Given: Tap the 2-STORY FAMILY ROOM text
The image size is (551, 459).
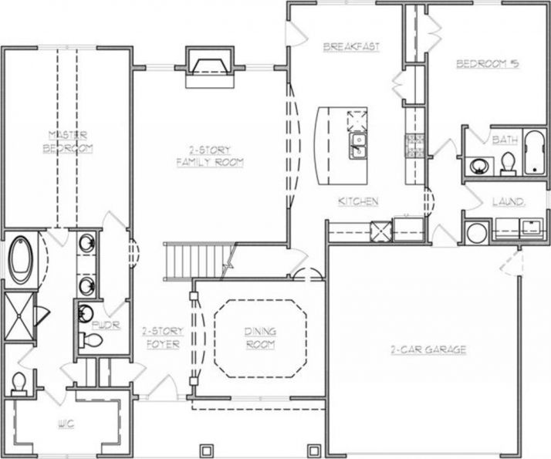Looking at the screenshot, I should (210, 156).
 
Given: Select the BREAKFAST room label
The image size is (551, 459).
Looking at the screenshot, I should (351, 47).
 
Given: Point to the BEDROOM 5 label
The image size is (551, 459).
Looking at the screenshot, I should (485, 64).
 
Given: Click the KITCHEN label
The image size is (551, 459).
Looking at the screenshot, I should (358, 201).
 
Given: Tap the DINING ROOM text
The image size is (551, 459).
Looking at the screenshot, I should (261, 338).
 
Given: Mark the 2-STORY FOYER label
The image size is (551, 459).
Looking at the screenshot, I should (162, 337).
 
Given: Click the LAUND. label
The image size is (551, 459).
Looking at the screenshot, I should (509, 202).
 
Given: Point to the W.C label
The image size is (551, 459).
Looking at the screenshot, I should (66, 424).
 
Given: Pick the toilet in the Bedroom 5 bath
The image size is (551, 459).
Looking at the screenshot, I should (507, 163).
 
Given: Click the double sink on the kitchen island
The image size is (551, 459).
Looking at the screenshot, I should (357, 145).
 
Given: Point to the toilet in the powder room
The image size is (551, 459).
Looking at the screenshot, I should (87, 341).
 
